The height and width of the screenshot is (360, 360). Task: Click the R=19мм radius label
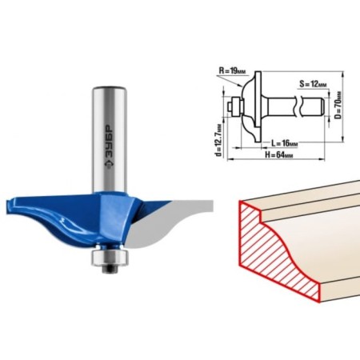point(232,71)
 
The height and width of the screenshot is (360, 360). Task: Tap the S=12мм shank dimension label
point(313,84)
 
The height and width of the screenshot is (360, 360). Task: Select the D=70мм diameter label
point(338,106)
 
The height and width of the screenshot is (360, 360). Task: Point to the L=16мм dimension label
point(284,143)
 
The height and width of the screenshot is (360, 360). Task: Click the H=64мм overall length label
point(278,155)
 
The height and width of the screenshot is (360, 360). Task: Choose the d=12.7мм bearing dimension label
point(219,139)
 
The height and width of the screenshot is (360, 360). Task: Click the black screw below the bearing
point(110,269)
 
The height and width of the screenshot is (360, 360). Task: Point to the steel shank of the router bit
point(110,138)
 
